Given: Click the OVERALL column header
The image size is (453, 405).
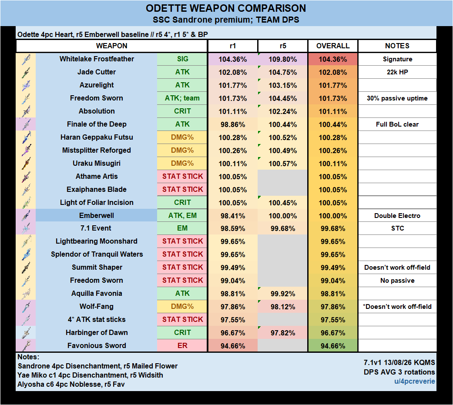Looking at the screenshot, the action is (x=333, y=46).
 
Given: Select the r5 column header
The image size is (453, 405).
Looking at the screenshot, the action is (x=283, y=46).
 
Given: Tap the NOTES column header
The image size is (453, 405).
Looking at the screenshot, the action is (x=397, y=46).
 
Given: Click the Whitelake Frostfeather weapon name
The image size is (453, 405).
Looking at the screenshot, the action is (x=97, y=59).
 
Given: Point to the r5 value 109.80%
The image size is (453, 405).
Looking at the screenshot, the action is (x=283, y=59).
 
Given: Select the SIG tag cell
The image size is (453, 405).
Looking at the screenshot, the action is (x=182, y=59).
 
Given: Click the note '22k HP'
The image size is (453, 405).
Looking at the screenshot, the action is (x=397, y=72).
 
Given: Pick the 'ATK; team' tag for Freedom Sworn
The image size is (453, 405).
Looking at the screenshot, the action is (x=182, y=98).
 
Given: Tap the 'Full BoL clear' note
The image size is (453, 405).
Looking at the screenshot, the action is (x=397, y=124).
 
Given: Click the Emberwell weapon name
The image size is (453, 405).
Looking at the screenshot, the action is (x=97, y=215).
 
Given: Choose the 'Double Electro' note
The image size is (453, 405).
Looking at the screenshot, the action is (x=397, y=216).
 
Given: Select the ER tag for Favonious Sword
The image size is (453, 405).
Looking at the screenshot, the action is (x=182, y=345).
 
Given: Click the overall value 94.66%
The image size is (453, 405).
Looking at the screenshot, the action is (x=333, y=346).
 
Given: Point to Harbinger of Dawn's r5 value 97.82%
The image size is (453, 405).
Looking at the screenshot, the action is (x=283, y=333).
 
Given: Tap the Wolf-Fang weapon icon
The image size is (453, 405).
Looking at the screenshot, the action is (x=26, y=307).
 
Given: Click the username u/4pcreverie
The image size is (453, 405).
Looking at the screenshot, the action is (x=415, y=382).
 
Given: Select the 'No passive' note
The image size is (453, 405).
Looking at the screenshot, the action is (x=397, y=281).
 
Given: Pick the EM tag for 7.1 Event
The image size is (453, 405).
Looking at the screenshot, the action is (x=182, y=228).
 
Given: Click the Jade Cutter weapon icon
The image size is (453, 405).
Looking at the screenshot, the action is (x=26, y=72).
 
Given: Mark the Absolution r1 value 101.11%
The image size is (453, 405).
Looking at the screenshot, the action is (x=232, y=111).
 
